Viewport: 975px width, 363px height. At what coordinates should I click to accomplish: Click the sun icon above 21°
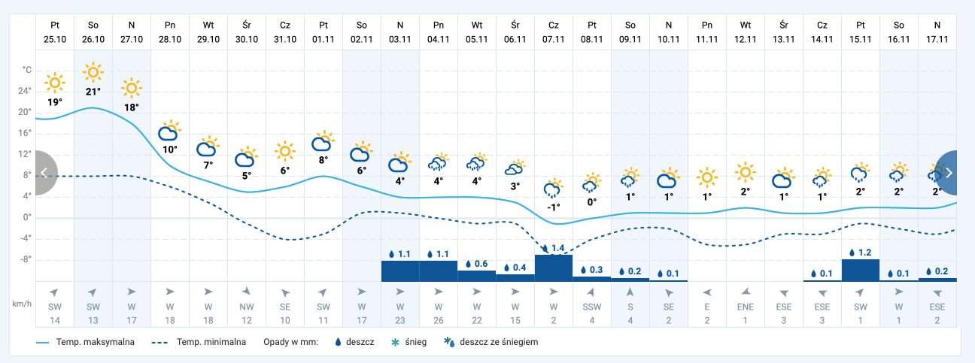click(x=93, y=72)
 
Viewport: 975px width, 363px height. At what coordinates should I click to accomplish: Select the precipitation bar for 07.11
click(x=554, y=268)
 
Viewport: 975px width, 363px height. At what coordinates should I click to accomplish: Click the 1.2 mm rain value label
click(x=860, y=253)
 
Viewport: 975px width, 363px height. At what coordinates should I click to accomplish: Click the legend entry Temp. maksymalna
click(x=87, y=342)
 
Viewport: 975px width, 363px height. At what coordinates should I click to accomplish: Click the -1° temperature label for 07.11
click(x=554, y=207)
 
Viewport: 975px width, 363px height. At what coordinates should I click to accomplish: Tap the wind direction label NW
click(x=247, y=307)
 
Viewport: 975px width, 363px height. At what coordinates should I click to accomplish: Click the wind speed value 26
click(x=438, y=321)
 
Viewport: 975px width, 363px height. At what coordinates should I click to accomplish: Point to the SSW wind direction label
click(x=592, y=307)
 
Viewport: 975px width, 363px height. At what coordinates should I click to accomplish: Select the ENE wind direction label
click(x=746, y=307)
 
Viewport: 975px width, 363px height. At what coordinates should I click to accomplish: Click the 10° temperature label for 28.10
click(x=170, y=149)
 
